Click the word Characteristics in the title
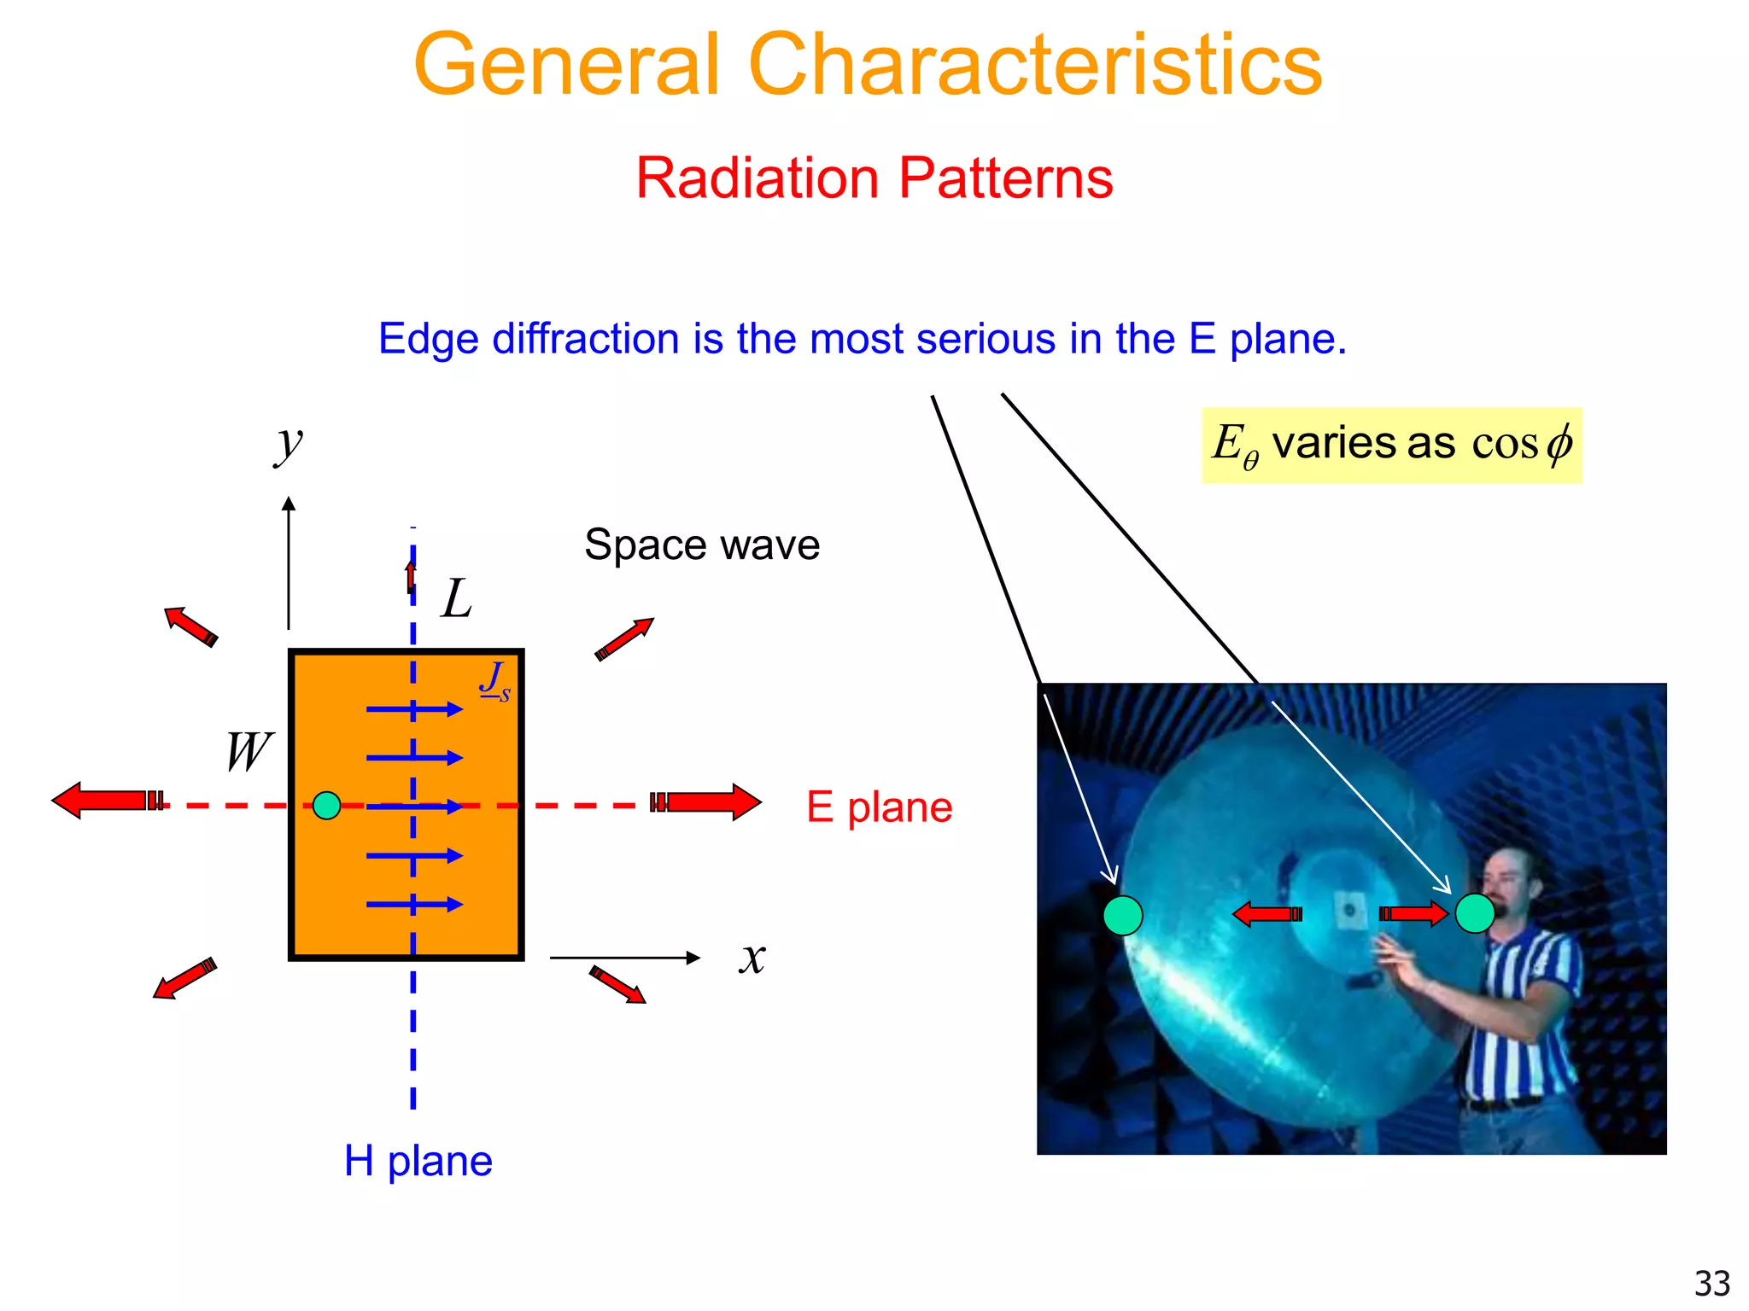pos(1035,65)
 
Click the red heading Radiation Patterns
pos(874,178)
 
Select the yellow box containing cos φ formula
pos(1391,446)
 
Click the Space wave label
pos(702,545)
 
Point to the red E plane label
pos(879,807)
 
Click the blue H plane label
pos(418,1161)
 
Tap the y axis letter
pos(289,444)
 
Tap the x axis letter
pos(752,958)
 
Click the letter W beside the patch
pos(248,752)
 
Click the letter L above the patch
pos(457,599)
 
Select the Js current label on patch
pos(494,682)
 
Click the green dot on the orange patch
pos(326,805)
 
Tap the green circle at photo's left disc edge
pos(1122,915)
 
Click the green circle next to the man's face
pos(1474,913)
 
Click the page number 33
pos(1711,1283)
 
